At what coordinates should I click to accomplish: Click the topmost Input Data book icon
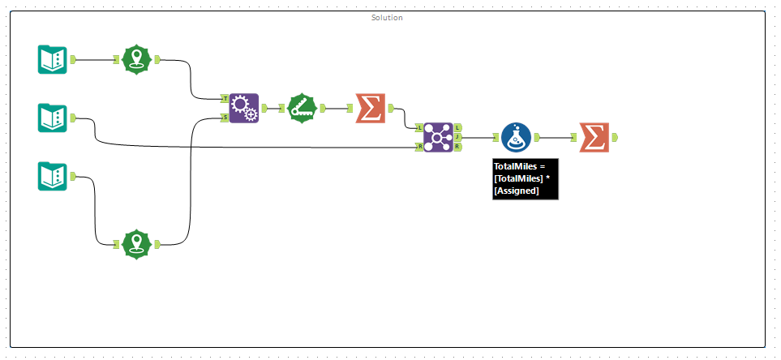point(53,59)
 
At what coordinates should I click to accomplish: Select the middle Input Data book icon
point(53,118)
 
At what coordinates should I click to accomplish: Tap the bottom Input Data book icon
point(53,176)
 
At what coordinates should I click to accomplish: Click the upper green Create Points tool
point(137,59)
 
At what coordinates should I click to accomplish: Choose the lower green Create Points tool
point(137,243)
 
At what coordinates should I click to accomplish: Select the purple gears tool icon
point(243,108)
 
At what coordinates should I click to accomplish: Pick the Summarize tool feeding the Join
point(370,108)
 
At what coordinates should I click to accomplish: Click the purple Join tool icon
point(438,137)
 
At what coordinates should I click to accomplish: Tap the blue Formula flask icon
point(516,138)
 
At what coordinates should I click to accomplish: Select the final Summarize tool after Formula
point(594,138)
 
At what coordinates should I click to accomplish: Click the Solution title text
point(387,18)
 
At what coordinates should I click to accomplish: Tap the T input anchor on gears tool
point(225,98)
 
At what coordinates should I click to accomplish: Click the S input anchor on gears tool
point(225,118)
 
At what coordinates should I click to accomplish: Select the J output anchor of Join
point(458,137)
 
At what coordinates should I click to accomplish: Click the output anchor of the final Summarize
point(614,138)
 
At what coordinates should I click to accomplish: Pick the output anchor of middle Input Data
point(73,118)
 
